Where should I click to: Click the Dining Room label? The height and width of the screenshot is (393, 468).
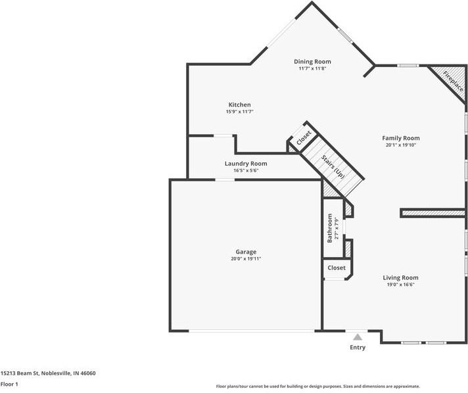312,61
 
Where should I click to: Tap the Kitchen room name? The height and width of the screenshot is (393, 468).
239,104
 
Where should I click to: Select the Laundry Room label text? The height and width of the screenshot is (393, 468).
246,163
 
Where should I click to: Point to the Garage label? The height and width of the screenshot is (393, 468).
246,252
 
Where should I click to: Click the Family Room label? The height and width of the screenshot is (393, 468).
400,138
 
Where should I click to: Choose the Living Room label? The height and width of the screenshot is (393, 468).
400,277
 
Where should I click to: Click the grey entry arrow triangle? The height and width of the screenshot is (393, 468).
358,336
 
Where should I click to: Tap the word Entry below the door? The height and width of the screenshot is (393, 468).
358,347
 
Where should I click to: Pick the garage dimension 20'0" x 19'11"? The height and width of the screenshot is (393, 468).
246,259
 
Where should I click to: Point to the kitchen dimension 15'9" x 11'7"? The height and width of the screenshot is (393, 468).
239,112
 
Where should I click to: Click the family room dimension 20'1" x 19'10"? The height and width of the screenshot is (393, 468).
400,145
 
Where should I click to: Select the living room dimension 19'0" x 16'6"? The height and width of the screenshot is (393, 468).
400,285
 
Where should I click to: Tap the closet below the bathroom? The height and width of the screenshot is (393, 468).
337,268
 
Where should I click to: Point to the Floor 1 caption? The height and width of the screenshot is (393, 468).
9,384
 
